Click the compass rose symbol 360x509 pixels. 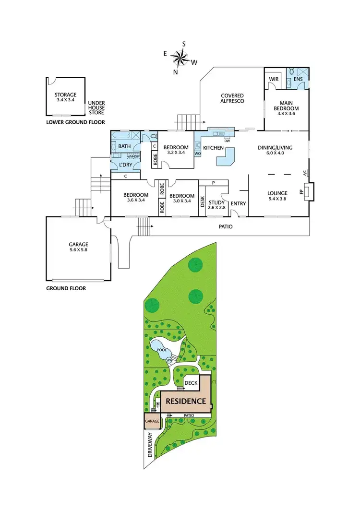[x=181, y=58]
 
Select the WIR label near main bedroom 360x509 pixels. [x=274, y=79]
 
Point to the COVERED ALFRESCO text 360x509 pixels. [x=232, y=98]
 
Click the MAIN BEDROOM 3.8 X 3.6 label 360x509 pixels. [x=287, y=105]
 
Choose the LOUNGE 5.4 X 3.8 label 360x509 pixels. [x=277, y=196]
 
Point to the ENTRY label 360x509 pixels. [x=238, y=203]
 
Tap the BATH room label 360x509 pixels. [x=124, y=146]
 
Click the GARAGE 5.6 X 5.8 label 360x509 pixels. [x=78, y=247]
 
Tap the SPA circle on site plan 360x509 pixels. [x=169, y=360]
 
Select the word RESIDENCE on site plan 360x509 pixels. [x=186, y=401]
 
